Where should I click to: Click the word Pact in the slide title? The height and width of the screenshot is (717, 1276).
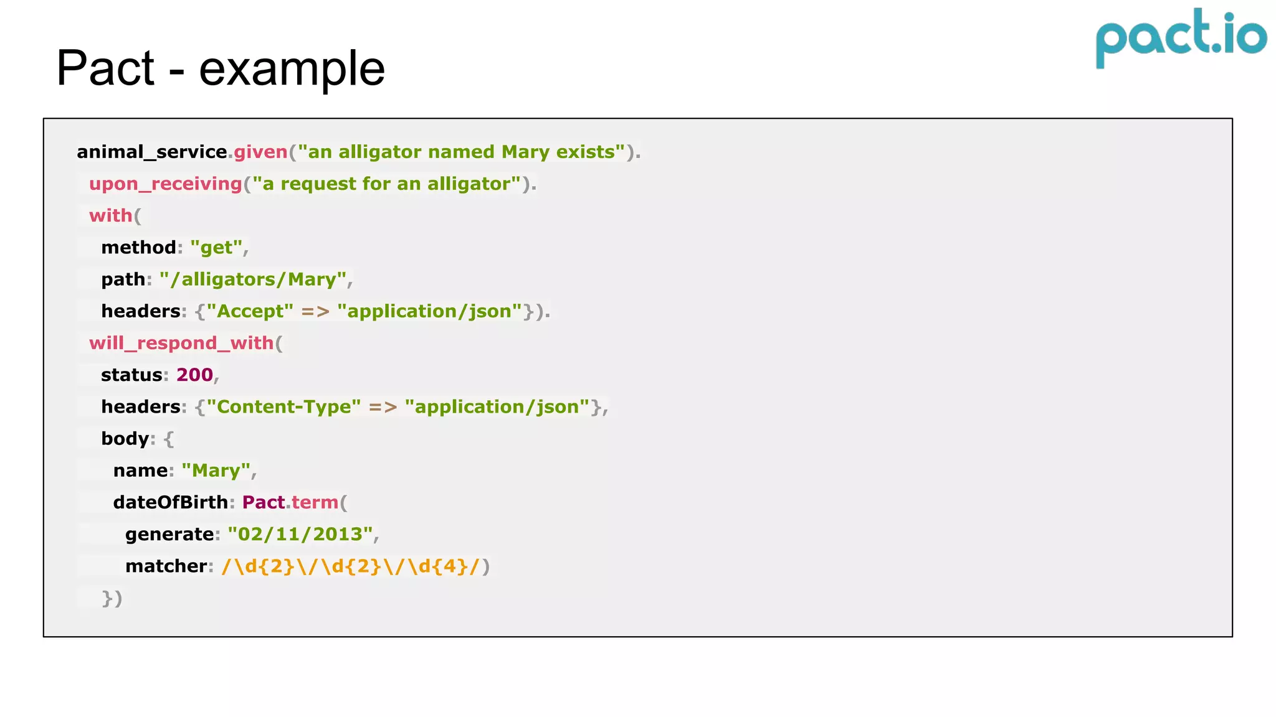pyautogui.click(x=105, y=68)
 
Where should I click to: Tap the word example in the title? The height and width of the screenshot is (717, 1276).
pyautogui.click(x=292, y=69)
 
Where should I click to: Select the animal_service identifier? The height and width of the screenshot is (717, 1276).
pyautogui.click(x=151, y=152)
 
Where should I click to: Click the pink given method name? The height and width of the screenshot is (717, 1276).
pyautogui.click(x=260, y=152)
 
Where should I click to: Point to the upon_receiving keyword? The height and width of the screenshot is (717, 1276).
pyautogui.click(x=165, y=184)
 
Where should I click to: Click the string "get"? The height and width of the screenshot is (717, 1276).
pyautogui.click(x=216, y=248)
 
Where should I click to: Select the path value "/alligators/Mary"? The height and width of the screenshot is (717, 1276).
pyautogui.click(x=253, y=279)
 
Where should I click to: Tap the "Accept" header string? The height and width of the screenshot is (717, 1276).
pyautogui.click(x=250, y=311)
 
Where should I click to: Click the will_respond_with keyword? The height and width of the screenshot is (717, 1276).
pyautogui.click(x=181, y=343)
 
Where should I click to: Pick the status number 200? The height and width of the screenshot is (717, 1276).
pyautogui.click(x=194, y=375)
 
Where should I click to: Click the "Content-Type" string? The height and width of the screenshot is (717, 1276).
pyautogui.click(x=283, y=407)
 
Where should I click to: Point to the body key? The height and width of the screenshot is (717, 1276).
pyautogui.click(x=125, y=439)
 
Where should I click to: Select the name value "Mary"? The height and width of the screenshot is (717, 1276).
pyautogui.click(x=216, y=471)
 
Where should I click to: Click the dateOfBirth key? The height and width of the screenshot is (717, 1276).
pyautogui.click(x=170, y=502)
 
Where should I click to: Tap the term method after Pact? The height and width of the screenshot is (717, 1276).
pyautogui.click(x=315, y=502)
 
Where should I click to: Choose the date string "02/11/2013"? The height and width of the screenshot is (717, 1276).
pyautogui.click(x=300, y=534)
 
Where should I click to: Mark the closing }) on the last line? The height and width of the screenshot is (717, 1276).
pyautogui.click(x=112, y=598)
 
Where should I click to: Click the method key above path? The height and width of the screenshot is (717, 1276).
pyautogui.click(x=138, y=248)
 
